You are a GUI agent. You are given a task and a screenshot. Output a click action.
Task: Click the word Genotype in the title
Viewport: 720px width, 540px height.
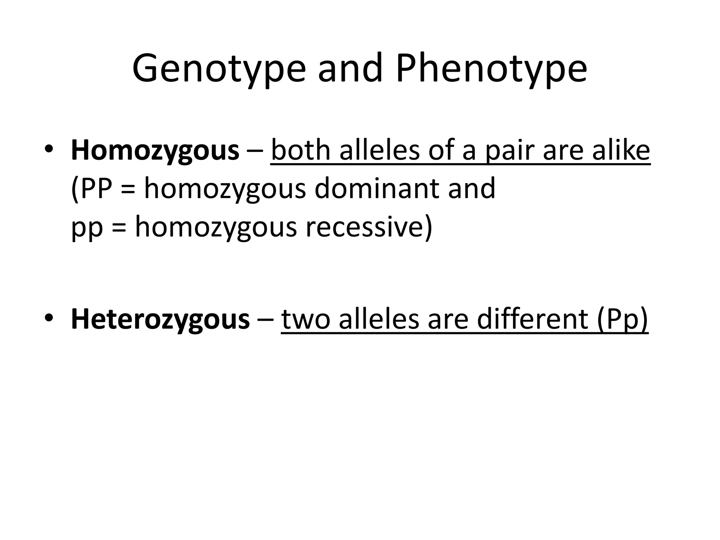[219, 69]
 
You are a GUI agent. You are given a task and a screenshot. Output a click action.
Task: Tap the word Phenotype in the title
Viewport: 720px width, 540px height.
[491, 69]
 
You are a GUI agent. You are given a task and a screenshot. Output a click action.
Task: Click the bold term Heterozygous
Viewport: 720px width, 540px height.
[160, 319]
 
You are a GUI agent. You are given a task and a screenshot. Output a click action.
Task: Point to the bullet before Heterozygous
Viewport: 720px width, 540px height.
[49, 318]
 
